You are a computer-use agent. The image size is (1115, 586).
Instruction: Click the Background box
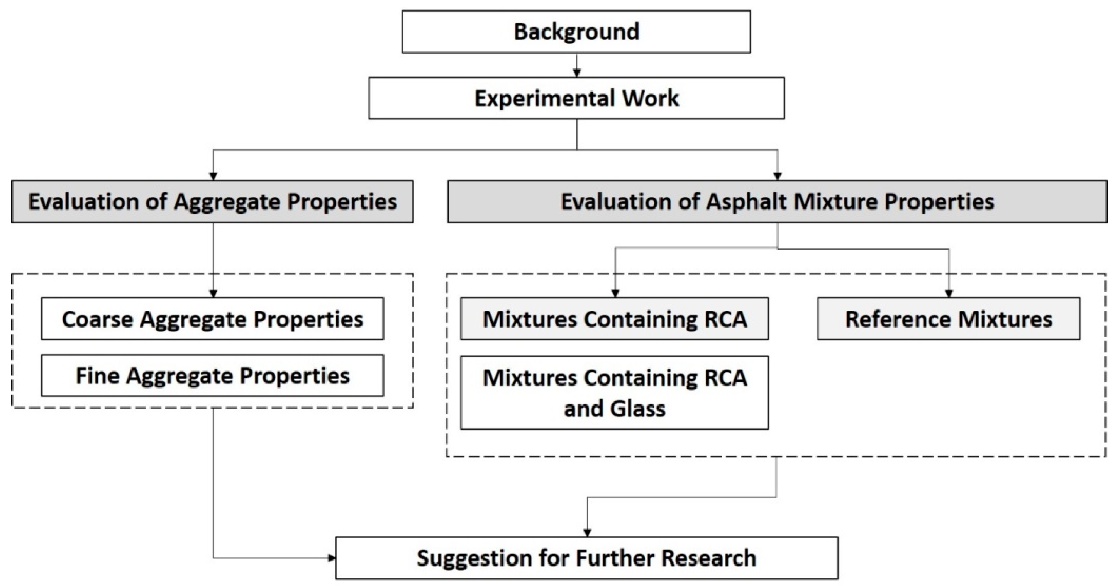576,32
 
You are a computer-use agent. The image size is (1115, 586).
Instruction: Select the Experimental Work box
576,98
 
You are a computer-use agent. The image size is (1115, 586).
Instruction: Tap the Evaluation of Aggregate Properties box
212,201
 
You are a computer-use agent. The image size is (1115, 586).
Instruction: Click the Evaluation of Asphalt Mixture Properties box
777,201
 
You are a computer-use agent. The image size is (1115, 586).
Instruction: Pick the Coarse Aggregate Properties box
212,319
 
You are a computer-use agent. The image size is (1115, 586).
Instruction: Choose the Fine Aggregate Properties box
212,375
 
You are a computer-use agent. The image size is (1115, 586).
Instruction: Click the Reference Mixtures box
948,319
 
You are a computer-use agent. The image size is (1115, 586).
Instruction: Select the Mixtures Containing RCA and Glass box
614,392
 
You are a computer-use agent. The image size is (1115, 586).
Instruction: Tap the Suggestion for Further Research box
586,558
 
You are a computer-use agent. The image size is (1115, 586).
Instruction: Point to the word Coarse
97,319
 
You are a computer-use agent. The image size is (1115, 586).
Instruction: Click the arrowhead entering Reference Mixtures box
949,293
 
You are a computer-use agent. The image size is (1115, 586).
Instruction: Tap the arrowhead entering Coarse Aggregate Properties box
213,293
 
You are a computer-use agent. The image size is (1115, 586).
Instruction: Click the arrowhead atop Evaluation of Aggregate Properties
213,176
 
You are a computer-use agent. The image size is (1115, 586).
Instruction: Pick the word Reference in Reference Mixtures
898,319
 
